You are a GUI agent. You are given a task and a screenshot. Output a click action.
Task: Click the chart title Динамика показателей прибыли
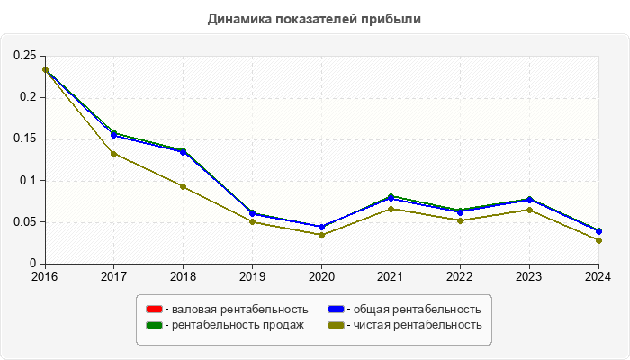(x=314, y=18)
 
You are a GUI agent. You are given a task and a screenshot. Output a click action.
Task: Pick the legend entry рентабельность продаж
(x=237, y=325)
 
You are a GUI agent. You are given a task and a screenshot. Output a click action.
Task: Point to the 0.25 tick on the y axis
(x=24, y=56)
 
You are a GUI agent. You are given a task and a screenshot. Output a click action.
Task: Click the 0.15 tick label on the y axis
(x=24, y=139)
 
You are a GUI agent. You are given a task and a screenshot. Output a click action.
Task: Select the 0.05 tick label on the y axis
(x=24, y=222)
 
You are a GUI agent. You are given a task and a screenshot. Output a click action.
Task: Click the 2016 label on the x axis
(x=43, y=276)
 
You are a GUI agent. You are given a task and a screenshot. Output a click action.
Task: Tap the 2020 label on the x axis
(x=321, y=276)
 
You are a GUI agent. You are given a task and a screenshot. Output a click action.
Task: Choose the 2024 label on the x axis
(x=598, y=276)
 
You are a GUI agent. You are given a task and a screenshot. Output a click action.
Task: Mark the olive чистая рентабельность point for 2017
(x=113, y=154)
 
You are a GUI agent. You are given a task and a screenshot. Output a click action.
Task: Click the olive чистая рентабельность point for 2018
(x=183, y=187)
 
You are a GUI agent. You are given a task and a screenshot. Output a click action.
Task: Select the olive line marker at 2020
(x=321, y=235)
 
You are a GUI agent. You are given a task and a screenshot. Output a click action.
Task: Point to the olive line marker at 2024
(x=598, y=240)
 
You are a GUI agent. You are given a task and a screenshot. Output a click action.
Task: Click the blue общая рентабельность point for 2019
(x=252, y=213)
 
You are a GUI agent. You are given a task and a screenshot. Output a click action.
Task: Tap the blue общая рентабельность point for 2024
(x=598, y=231)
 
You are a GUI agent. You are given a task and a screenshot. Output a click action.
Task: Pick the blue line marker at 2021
(x=391, y=198)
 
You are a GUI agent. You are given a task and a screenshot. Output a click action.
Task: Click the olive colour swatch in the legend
(x=335, y=325)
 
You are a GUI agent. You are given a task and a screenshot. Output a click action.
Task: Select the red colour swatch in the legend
(x=154, y=309)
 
